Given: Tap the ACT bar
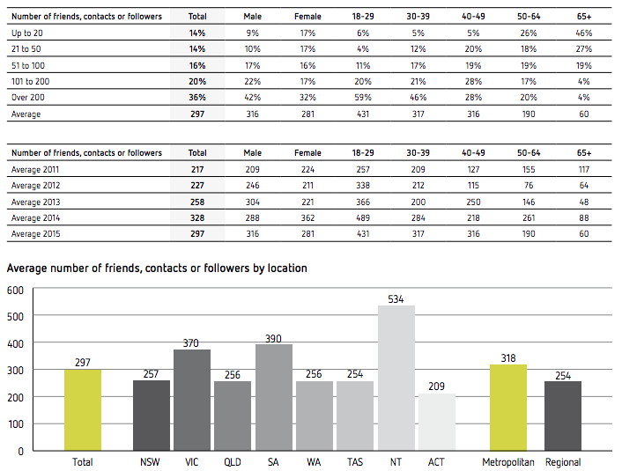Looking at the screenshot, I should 436,422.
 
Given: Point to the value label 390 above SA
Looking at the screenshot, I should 274,337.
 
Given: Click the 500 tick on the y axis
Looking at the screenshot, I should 15,315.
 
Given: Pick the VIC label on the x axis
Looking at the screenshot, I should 191,462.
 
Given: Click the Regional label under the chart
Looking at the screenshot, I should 563,462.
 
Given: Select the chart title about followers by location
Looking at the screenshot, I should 157,268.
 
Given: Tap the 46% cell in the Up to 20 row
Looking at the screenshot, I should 582,33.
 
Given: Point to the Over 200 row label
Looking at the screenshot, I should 28,97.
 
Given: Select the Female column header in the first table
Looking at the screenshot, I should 307,16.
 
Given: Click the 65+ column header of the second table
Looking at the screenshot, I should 582,152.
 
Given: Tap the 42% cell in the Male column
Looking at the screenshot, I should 253,97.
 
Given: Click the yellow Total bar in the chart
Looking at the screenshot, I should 84,409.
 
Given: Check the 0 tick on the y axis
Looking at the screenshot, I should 19,451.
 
